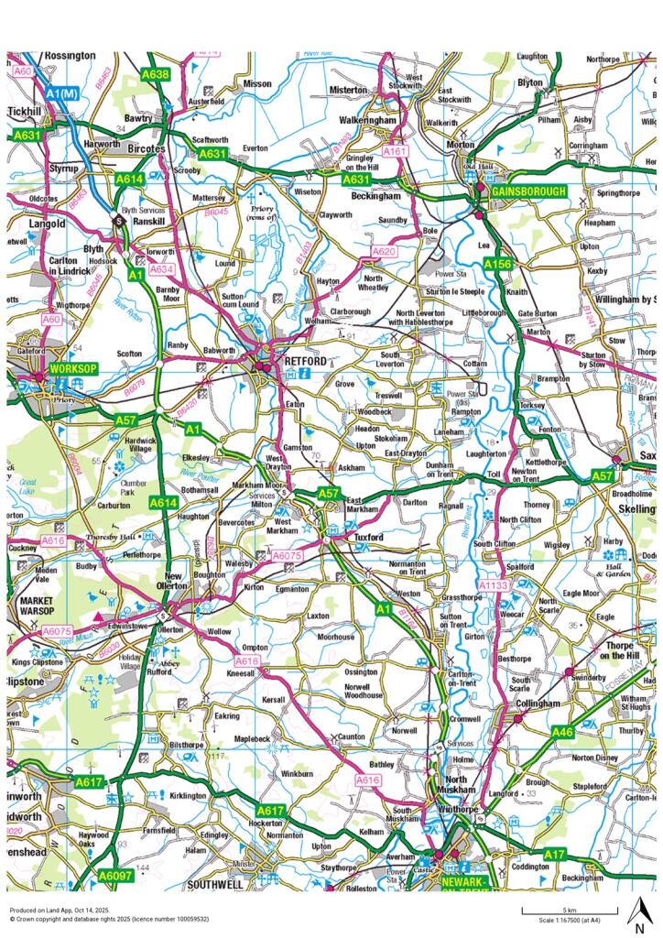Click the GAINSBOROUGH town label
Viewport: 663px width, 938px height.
pyautogui.click(x=529, y=191)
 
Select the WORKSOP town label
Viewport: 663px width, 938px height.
pyautogui.click(x=73, y=367)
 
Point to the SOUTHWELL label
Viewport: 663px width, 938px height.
pyautogui.click(x=214, y=885)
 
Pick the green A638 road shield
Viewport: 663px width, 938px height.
pyautogui.click(x=156, y=73)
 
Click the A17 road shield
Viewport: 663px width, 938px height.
pyautogui.click(x=552, y=854)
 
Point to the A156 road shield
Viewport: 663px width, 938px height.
pyautogui.click(x=496, y=264)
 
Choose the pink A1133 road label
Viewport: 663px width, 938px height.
pyautogui.click(x=494, y=584)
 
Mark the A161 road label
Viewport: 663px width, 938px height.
pyautogui.click(x=394, y=150)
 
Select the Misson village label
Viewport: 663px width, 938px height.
pyautogui.click(x=258, y=83)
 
